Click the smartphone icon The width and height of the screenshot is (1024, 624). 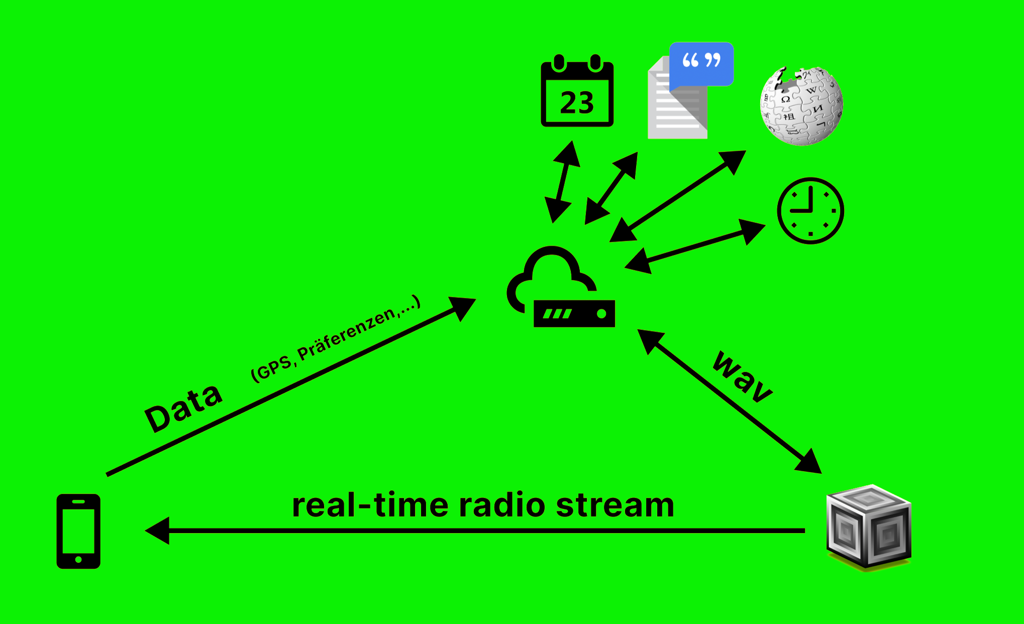78,531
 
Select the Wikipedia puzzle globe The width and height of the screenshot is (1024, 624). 801,106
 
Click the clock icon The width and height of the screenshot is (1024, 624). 810,211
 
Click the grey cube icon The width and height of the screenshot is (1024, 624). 869,528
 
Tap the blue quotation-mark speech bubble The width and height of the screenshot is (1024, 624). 702,63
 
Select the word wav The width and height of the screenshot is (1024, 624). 743,377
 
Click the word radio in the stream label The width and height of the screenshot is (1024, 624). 502,505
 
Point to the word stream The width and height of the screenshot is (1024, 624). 615,505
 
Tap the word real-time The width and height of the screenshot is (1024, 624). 370,505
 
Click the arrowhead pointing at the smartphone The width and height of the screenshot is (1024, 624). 157,531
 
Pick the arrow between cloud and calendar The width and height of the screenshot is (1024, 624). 562,182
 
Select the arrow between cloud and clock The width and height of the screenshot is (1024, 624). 695,246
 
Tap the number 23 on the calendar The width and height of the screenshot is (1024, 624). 577,103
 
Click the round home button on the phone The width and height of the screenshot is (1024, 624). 78,559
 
